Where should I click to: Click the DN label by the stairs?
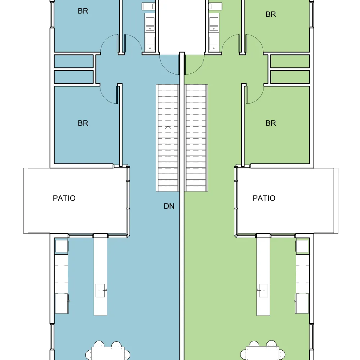pos(169,206)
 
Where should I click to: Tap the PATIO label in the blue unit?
pos(64,198)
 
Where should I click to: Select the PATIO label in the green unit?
pos(264,198)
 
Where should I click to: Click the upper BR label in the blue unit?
pos(83,11)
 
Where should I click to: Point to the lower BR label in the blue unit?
pos(83,123)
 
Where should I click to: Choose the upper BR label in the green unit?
pos(271,14)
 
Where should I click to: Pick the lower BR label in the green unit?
pos(271,123)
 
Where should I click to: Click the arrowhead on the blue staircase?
pos(168,127)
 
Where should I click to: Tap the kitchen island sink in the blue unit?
pos(100,291)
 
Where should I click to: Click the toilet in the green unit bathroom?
pos(215,6)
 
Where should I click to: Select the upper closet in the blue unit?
pos(74,61)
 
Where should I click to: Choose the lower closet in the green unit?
pos(290,77)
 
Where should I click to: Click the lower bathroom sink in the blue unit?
pos(150,43)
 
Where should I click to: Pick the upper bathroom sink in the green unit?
pos(214,24)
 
